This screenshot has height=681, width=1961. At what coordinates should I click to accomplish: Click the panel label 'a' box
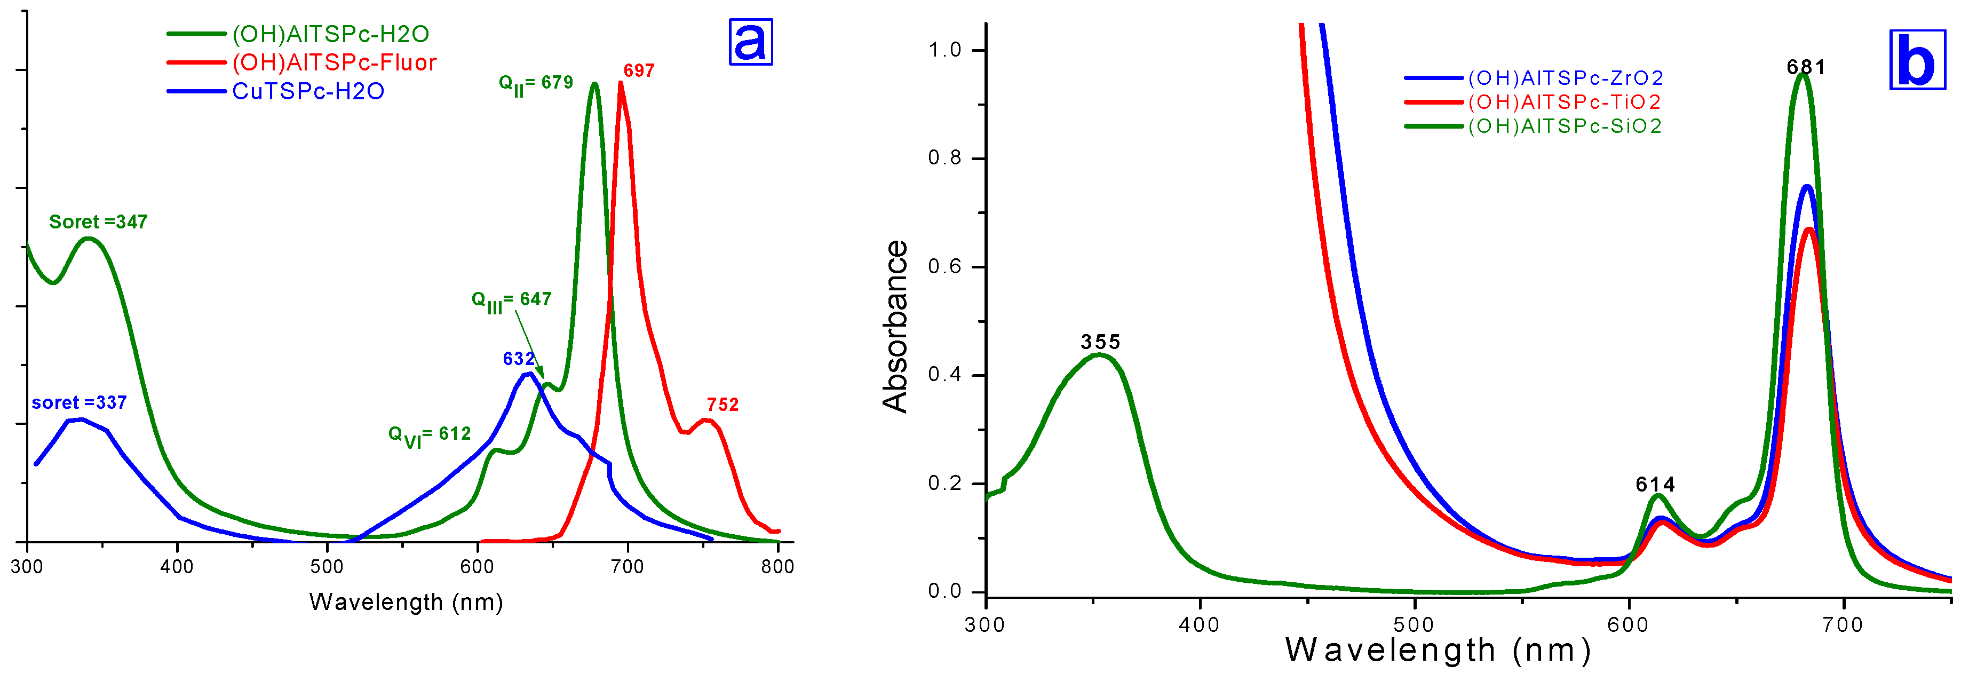(751, 42)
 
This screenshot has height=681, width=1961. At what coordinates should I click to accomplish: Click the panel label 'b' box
(1917, 61)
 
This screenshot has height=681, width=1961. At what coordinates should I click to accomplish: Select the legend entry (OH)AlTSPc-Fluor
(334, 62)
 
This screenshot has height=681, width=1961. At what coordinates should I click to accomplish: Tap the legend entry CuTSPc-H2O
(307, 91)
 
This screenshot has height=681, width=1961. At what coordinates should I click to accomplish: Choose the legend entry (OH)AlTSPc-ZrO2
(1565, 78)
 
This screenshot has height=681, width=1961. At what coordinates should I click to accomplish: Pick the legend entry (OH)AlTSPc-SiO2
(1565, 126)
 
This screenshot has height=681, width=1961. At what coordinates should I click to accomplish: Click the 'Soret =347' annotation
(98, 221)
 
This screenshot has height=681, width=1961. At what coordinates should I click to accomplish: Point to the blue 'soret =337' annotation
(79, 402)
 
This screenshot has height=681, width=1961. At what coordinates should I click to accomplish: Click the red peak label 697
(639, 71)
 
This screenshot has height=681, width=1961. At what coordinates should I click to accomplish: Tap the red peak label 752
(723, 405)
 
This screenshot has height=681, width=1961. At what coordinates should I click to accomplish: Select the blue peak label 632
(519, 359)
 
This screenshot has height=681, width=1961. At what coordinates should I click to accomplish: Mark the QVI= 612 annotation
(430, 435)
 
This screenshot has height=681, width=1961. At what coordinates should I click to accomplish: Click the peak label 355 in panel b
(1100, 342)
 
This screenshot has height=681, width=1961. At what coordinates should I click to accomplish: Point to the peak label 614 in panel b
(1655, 485)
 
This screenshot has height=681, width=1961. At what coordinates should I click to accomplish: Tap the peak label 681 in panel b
(1806, 68)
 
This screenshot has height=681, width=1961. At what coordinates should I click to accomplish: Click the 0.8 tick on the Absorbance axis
(944, 159)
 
